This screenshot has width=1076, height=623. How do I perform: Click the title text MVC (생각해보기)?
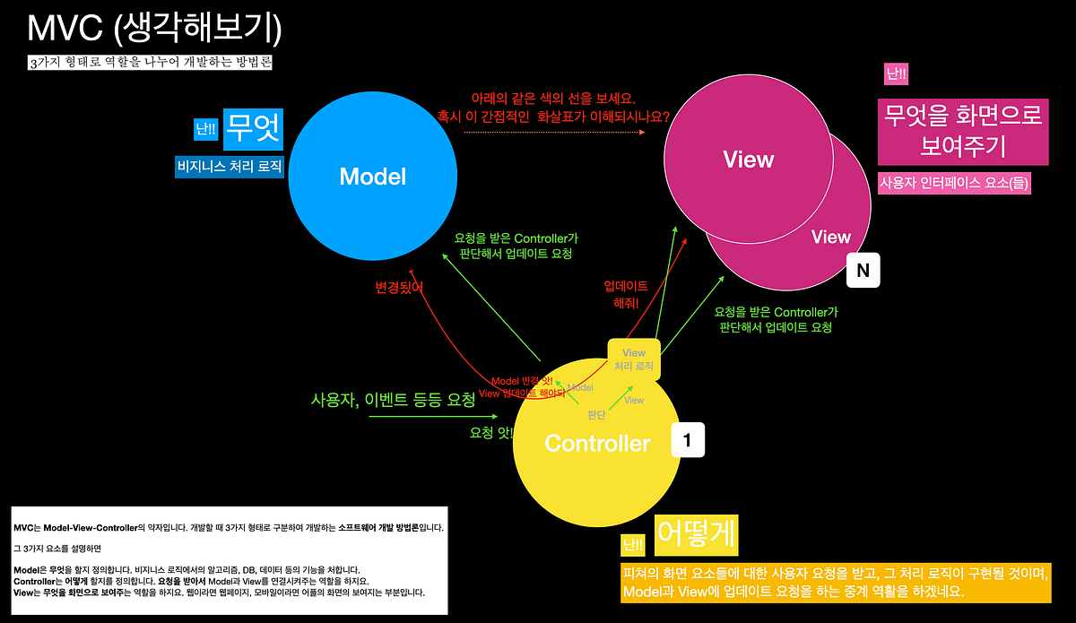pyautogui.click(x=155, y=29)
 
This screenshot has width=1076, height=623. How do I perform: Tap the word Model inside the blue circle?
pyautogui.click(x=372, y=177)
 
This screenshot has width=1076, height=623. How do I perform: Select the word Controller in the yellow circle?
pyautogui.click(x=597, y=443)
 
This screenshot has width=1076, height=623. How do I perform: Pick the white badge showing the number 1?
pyautogui.click(x=688, y=441)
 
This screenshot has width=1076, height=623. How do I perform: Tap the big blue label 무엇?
pyautogui.click(x=253, y=128)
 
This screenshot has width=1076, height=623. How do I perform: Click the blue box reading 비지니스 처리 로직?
pyautogui.click(x=230, y=166)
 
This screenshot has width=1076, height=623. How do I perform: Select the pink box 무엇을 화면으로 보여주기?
pyautogui.click(x=963, y=130)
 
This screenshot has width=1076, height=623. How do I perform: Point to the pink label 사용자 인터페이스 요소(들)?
pyautogui.click(x=955, y=184)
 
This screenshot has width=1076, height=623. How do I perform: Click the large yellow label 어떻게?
pyautogui.click(x=697, y=534)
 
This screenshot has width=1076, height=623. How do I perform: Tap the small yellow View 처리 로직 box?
pyautogui.click(x=634, y=359)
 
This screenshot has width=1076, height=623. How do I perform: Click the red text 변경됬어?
pyautogui.click(x=399, y=287)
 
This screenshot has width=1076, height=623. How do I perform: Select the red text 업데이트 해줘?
pyautogui.click(x=626, y=294)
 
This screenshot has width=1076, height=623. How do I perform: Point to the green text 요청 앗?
pyautogui.click(x=492, y=432)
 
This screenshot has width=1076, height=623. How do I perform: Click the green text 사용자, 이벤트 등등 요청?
pyautogui.click(x=393, y=400)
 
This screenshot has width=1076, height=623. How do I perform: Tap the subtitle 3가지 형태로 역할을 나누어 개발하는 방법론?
pyautogui.click(x=150, y=64)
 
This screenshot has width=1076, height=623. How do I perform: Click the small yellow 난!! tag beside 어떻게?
pyautogui.click(x=633, y=544)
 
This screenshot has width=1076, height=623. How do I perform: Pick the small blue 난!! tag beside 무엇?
pyautogui.click(x=205, y=130)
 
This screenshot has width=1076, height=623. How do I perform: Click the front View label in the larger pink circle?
pyautogui.click(x=748, y=160)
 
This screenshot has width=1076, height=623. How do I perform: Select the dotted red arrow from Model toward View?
pyautogui.click(x=554, y=133)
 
